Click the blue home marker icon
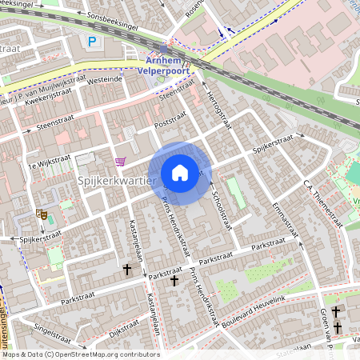click(x=180, y=173)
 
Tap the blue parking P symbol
click(x=92, y=41)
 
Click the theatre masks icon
click(x=40, y=214)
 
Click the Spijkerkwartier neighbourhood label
click(x=115, y=181)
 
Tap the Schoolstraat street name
click(x=220, y=206)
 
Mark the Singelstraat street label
click(x=59, y=330)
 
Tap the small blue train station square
click(x=163, y=48)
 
